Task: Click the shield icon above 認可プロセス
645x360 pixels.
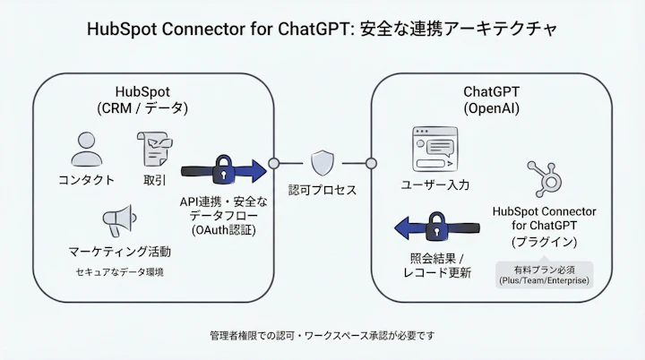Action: coord(322,163)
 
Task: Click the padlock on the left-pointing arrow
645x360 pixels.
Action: coord(436,228)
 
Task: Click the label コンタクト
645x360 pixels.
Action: coord(86,179)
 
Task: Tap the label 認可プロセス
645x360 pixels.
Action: coord(322,191)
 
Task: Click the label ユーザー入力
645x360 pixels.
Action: coord(434,184)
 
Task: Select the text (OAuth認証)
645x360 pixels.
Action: coord(223,231)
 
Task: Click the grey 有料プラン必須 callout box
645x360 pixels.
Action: coord(544,274)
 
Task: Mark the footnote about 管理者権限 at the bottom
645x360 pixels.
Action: coord(322,335)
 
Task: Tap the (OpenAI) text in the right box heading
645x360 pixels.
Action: coord(491,107)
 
